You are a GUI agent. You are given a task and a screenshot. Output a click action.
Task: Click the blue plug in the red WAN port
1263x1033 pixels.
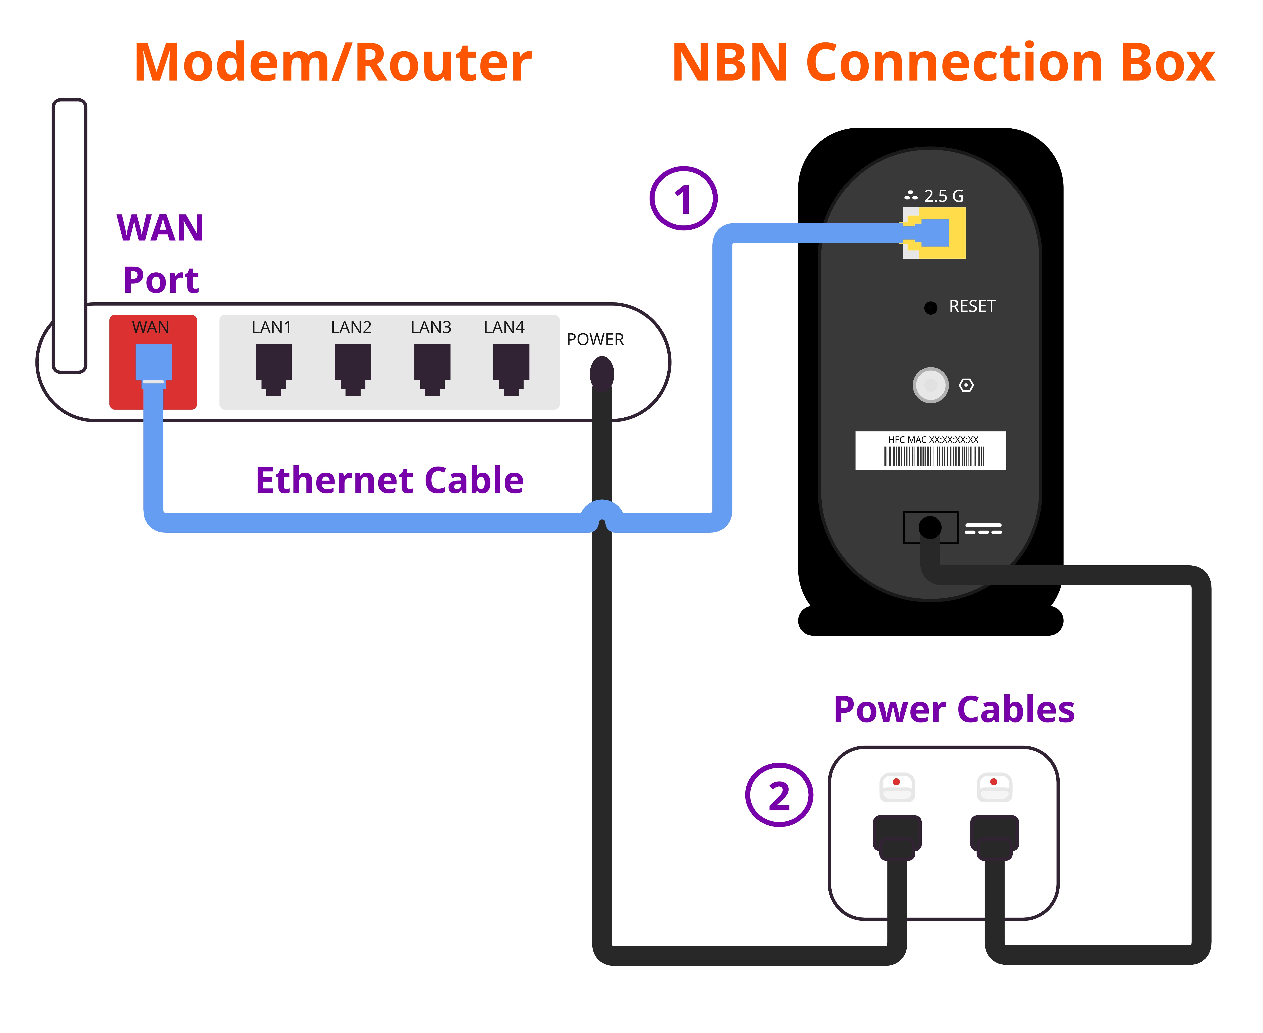coord(154,363)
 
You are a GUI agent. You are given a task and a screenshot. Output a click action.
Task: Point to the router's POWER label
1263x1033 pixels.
coord(595,340)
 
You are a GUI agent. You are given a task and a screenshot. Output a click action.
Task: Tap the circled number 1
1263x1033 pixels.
coord(683,199)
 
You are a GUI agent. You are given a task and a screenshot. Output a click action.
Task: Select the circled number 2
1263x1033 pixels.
coord(779,795)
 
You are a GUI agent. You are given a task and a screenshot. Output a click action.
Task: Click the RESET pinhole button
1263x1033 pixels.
coord(930,308)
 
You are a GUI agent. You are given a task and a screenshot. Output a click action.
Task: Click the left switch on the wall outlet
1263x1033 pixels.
coord(896,787)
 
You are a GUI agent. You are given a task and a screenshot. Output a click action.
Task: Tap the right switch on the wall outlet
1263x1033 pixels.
coord(994,787)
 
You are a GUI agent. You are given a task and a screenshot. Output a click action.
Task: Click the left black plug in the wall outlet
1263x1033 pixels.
coord(896,836)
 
